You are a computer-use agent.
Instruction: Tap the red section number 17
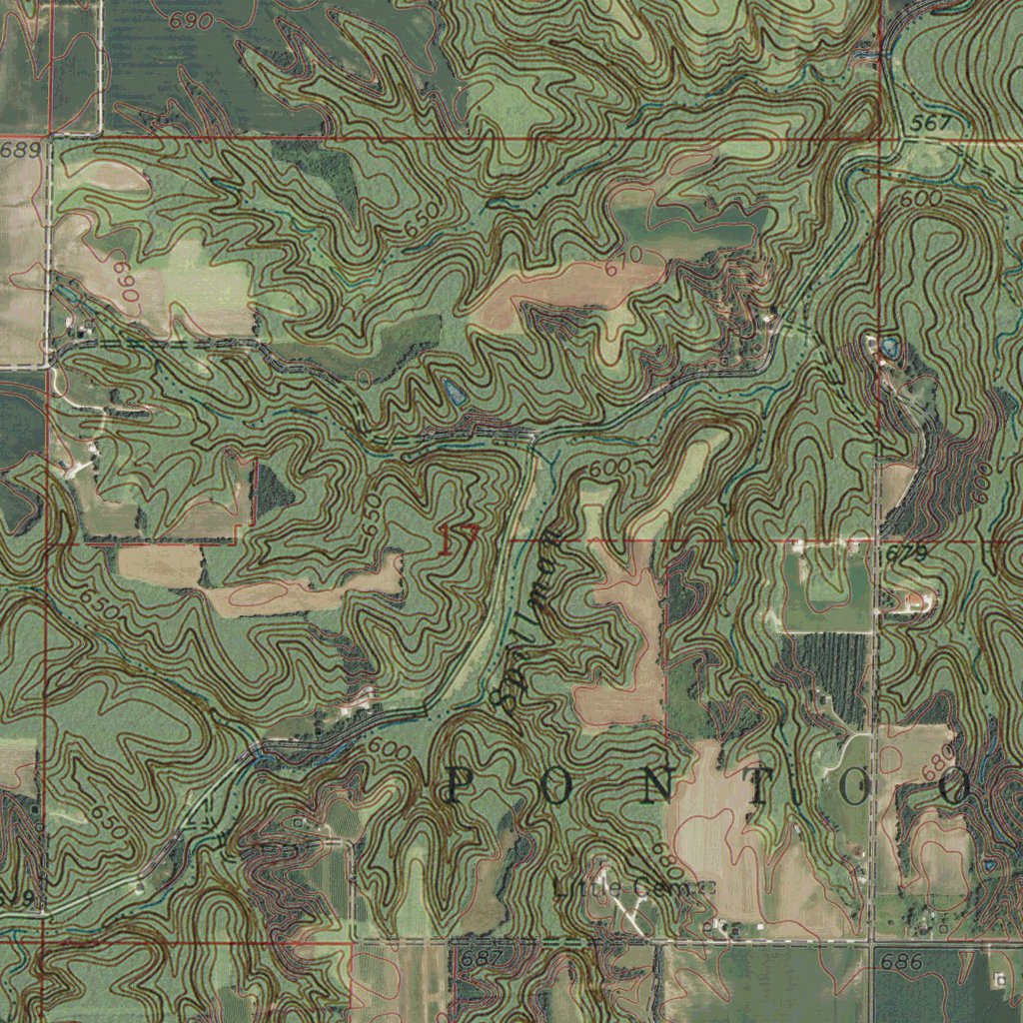tap(459, 539)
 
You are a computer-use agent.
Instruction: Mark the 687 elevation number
tap(479, 957)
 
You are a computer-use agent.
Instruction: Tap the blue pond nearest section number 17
tap(454, 391)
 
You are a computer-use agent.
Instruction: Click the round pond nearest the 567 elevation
tap(888, 348)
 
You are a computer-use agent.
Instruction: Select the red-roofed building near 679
tap(916, 600)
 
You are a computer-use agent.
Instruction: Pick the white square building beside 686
tap(1000, 980)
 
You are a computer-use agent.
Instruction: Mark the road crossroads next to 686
tap(873, 942)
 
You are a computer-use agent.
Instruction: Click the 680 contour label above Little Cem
tap(662, 852)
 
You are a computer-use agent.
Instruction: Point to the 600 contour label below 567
tap(919, 200)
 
